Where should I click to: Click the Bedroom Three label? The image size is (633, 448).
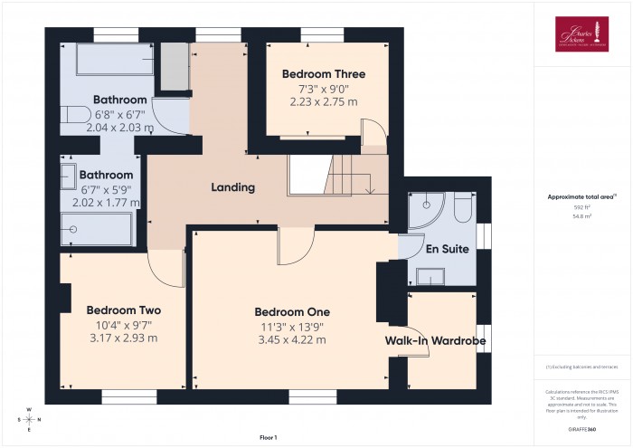[323, 73]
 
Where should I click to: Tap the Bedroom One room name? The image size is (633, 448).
[291, 311]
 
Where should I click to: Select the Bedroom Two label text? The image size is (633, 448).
[123, 310]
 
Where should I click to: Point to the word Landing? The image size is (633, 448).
[232, 187]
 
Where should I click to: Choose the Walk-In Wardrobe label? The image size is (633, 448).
[436, 340]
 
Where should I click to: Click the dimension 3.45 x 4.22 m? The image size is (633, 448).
[291, 339]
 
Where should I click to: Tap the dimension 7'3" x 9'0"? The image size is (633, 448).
[323, 88]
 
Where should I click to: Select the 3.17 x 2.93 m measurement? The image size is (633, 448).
[123, 338]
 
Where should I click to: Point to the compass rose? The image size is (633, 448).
[30, 419]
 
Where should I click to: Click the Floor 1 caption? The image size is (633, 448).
[268, 437]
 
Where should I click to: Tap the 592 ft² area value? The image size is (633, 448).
[581, 207]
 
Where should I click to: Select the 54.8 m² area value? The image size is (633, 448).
[581, 217]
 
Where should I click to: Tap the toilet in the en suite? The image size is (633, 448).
[461, 210]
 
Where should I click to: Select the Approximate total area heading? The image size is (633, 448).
[581, 196]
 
